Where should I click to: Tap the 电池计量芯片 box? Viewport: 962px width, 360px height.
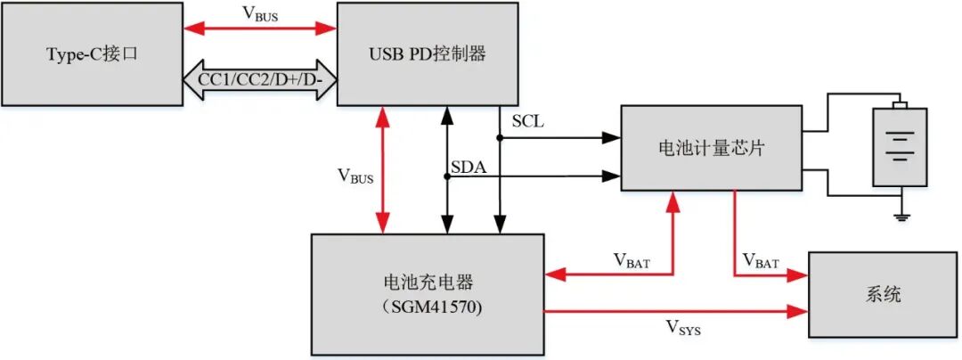pyautogui.click(x=711, y=148)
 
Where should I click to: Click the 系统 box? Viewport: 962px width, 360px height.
pyautogui.click(x=882, y=294)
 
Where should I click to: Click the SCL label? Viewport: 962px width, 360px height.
pyautogui.click(x=528, y=119)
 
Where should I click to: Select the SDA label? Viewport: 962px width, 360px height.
pyautogui.click(x=468, y=166)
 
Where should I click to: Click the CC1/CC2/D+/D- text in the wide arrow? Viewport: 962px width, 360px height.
pyautogui.click(x=258, y=80)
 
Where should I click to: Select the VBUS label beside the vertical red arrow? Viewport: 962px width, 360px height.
pyautogui.click(x=355, y=176)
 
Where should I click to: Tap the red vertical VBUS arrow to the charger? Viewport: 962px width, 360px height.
pyautogui.click(x=383, y=169)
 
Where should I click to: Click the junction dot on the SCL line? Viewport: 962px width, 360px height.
pyautogui.click(x=500, y=137)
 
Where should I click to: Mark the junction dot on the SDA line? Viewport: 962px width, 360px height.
pyautogui.click(x=445, y=176)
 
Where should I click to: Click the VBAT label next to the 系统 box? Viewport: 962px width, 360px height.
pyautogui.click(x=762, y=263)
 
